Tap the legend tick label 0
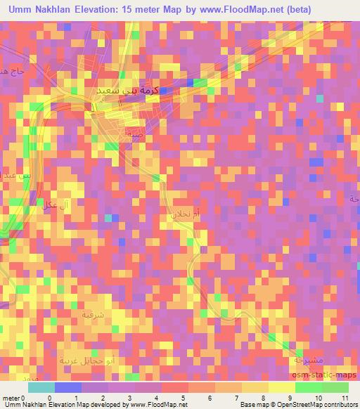pos(49,398)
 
